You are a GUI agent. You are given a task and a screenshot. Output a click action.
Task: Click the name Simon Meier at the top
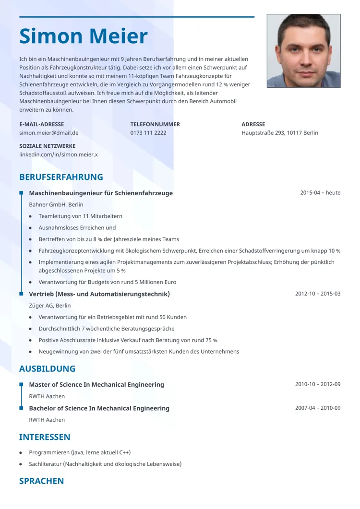pos(84,37)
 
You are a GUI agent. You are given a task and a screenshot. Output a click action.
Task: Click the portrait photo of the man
pos(303,50)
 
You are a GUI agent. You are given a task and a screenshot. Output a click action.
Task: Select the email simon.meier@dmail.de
pos(49,133)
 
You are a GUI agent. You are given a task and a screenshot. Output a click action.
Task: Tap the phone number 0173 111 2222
pos(148,133)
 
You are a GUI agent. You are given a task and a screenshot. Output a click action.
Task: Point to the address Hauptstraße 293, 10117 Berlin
pos(280,133)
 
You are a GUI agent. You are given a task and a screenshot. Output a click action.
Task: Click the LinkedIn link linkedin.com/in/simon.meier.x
pos(59,154)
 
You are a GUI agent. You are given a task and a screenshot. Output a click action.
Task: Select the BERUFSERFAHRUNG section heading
pos(61,177)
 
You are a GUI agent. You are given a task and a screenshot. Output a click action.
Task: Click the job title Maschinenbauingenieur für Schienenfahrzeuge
pos(101,193)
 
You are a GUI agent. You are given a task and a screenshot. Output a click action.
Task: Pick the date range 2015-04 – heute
pos(320,193)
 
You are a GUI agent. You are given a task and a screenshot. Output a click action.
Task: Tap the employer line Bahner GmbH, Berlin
pos(56,205)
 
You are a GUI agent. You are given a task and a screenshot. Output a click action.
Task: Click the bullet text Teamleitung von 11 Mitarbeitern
pos(81,216)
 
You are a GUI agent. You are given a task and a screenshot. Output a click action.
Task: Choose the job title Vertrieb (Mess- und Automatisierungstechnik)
pos(99,294)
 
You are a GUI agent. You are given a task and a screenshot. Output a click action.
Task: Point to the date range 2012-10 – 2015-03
pos(318,294)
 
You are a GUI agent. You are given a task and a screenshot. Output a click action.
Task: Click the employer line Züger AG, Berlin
pos(50,306)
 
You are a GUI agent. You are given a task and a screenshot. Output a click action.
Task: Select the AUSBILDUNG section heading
pos(47,369)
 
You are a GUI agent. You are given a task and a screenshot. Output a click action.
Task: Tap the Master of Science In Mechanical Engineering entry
pos(96,385)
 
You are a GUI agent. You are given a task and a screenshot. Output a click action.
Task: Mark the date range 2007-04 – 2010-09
pos(318,408)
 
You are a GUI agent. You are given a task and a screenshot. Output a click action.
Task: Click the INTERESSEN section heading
pos(45,437)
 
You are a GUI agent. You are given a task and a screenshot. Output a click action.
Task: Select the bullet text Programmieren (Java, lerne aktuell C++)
pos(80,452)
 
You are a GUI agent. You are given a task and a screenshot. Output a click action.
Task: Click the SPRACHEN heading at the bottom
pos(41,481)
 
